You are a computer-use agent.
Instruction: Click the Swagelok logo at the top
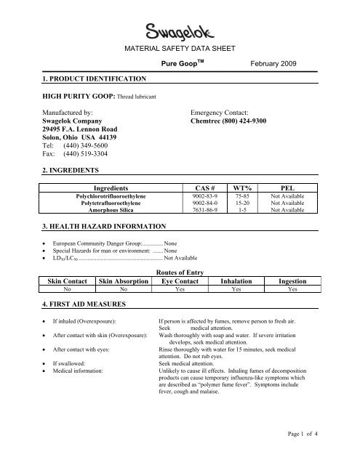click(180, 31)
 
